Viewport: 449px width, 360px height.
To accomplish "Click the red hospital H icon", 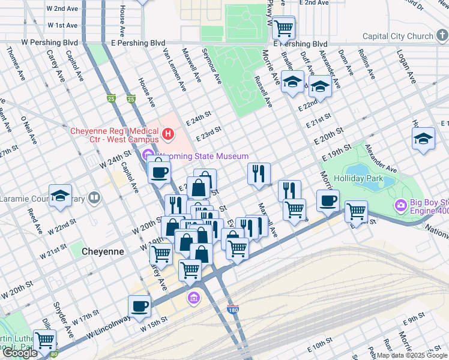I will click(x=168, y=134).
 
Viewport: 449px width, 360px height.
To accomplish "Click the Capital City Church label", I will click(x=397, y=36).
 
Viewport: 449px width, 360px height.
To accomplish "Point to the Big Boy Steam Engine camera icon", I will click(x=400, y=206).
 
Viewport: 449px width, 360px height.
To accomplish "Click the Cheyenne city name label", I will click(x=99, y=252).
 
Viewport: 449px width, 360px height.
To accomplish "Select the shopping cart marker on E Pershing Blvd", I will click(x=284, y=27).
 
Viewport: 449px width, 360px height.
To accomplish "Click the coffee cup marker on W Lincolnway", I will click(x=140, y=306).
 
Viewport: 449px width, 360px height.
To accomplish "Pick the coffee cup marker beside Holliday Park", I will click(x=328, y=201).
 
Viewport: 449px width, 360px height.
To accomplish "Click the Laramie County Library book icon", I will click(x=94, y=197).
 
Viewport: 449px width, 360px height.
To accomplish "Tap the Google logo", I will click(x=20, y=353).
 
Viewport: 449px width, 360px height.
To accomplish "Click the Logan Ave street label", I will click(x=406, y=67).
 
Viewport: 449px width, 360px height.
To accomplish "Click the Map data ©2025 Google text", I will click(x=412, y=355).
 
